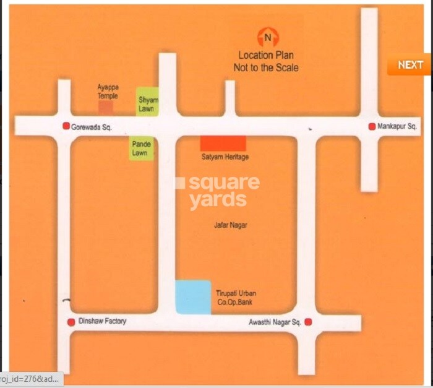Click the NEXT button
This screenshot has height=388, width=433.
410,65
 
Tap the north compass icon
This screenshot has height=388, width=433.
267,37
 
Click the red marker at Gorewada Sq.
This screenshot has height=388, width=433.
66,126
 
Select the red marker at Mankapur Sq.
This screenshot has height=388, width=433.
372,126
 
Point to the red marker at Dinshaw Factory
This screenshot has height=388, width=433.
71,322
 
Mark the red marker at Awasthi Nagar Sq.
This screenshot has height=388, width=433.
307,322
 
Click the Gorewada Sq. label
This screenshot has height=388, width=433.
92,126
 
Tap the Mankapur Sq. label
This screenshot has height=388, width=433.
398,126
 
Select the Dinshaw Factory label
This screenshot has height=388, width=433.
102,321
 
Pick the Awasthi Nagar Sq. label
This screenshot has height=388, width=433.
275,322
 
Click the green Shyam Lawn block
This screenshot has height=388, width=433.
147,101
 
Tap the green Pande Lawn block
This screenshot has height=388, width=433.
140,149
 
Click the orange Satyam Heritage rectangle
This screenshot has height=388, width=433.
223,143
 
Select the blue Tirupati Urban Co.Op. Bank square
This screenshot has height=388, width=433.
192,297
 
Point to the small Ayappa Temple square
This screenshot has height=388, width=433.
106,107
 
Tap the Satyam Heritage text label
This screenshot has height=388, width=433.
225,157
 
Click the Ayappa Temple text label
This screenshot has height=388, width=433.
108,92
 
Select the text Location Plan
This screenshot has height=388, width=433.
265,55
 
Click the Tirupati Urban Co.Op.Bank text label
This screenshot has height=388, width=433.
234,297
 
